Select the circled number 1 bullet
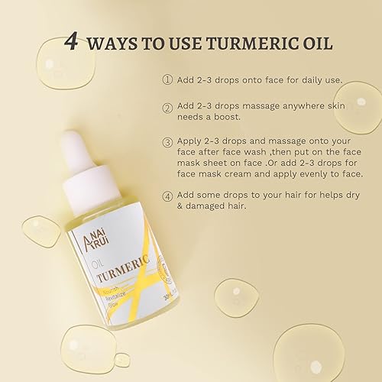167,79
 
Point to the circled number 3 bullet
167,142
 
